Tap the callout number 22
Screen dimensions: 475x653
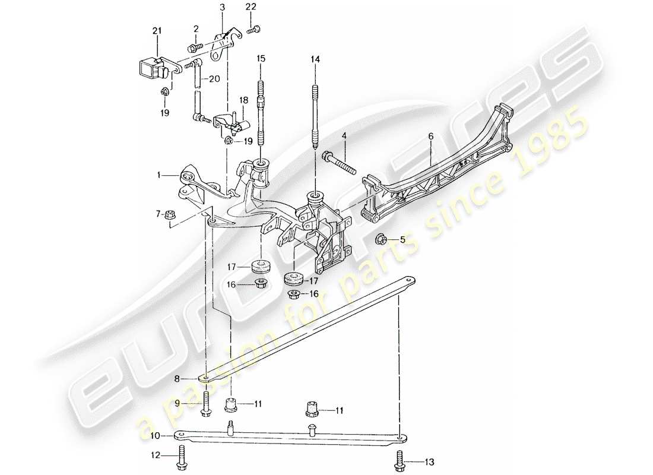pos(251,7)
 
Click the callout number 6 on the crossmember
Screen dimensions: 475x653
pos(431,136)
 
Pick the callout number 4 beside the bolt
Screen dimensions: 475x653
pos(344,137)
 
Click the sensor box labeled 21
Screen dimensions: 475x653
pos(148,70)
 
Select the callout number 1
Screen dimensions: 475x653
pos(160,175)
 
